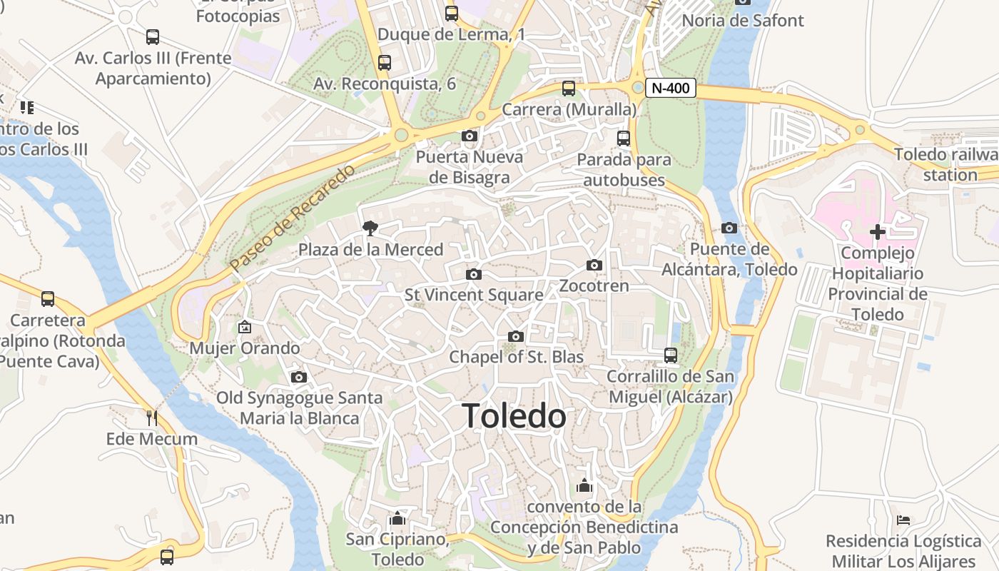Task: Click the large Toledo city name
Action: (x=514, y=416)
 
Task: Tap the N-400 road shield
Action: (x=670, y=88)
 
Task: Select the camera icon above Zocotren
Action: (x=594, y=266)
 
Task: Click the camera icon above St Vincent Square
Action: (x=473, y=274)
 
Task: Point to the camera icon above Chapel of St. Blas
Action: (x=516, y=336)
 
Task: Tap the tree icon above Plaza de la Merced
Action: (x=370, y=228)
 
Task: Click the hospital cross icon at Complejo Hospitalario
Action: (x=877, y=232)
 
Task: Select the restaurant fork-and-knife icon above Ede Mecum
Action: (x=151, y=418)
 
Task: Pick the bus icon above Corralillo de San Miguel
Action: (x=670, y=355)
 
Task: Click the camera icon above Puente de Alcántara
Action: (x=729, y=228)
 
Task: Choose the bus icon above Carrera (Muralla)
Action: (x=569, y=89)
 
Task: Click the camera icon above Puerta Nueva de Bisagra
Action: (x=469, y=136)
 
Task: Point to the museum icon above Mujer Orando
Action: (x=245, y=327)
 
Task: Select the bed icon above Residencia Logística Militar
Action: (x=903, y=520)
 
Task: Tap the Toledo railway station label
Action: (x=949, y=165)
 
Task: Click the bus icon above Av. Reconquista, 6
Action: (x=385, y=63)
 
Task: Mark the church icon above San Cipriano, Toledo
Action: (x=397, y=517)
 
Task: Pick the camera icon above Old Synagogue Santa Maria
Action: (x=299, y=377)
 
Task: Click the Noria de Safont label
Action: (x=743, y=20)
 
